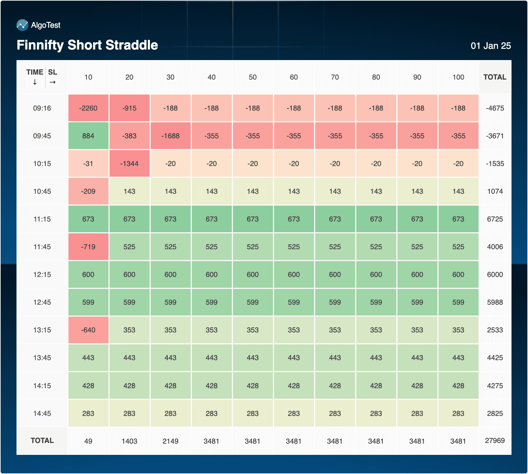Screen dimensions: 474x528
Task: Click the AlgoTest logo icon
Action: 22,25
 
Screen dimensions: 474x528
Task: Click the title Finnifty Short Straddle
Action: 87,45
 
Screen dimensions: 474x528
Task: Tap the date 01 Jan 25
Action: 490,46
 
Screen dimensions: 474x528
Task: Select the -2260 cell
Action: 88,108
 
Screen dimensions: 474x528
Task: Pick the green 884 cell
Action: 88,136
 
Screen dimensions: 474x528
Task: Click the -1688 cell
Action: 170,136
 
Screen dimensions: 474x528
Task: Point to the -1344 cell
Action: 129,164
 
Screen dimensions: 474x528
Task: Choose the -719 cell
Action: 88,247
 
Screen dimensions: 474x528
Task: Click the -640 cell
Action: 88,330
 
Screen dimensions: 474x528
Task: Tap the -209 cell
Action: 88,191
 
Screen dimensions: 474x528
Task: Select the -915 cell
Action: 129,108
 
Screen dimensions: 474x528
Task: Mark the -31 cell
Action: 88,164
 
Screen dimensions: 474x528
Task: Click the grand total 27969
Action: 495,441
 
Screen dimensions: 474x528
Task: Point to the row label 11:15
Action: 42,219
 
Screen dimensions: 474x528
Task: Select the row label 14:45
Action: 42,414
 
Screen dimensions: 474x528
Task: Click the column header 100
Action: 458,77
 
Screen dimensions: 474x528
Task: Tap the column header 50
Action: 252,77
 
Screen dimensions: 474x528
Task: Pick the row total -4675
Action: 495,108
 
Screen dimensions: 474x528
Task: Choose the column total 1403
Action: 129,441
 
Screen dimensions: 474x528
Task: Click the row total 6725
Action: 495,219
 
